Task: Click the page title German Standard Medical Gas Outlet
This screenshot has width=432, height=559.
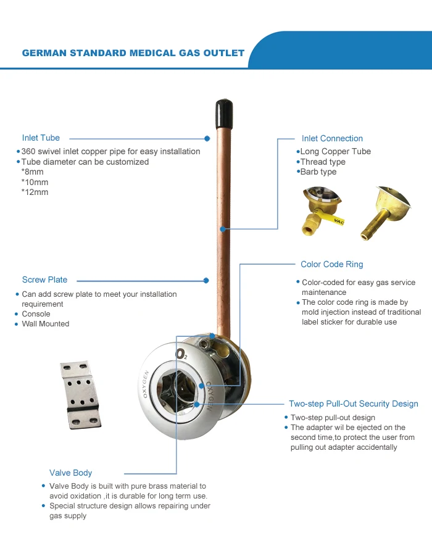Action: tap(133, 53)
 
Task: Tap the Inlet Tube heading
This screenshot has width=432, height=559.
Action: tap(41, 138)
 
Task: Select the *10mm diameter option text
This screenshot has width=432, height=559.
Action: tap(35, 182)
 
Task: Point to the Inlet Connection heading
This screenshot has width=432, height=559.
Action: tap(332, 139)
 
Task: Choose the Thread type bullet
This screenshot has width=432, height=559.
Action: tap(322, 162)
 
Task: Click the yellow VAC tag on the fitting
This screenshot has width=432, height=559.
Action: tap(338, 219)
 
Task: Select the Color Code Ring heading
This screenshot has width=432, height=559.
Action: tap(331, 264)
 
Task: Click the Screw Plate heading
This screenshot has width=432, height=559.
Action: tap(44, 279)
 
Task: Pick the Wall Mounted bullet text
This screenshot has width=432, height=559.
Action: tap(46, 324)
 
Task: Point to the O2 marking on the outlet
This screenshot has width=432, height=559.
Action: tap(181, 354)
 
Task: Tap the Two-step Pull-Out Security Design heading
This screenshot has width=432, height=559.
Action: tap(353, 404)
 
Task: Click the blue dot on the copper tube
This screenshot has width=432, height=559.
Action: tap(222, 230)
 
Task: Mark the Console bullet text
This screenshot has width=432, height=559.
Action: tap(36, 314)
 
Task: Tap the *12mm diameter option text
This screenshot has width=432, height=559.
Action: tap(35, 192)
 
